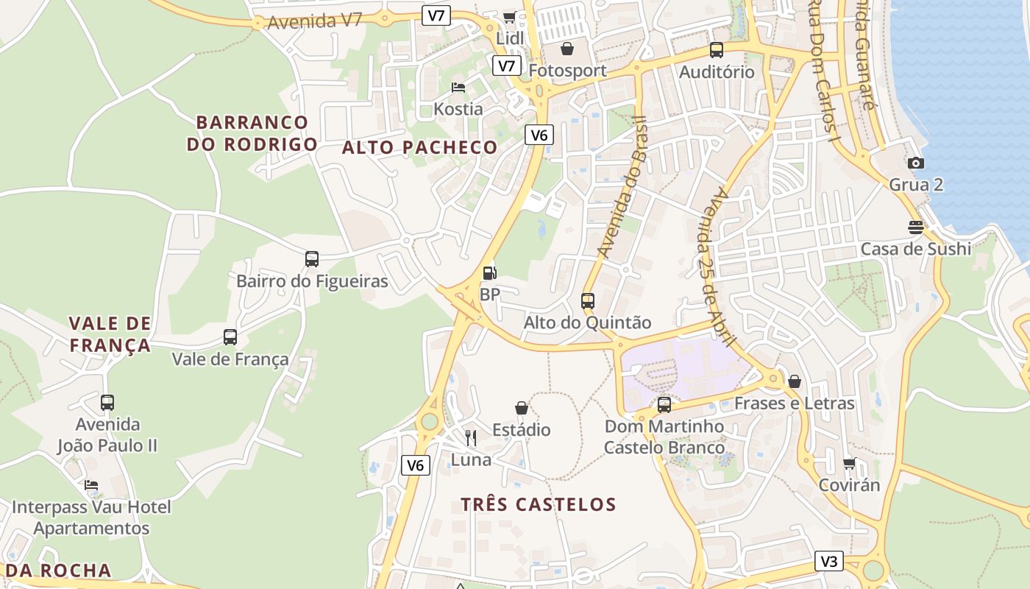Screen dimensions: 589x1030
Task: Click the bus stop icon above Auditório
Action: (x=716, y=50)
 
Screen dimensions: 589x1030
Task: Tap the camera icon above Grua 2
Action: (x=916, y=163)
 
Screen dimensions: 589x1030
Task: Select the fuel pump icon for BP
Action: (x=489, y=273)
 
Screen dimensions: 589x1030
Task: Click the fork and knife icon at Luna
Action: (x=471, y=438)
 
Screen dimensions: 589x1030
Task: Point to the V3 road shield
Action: (x=828, y=561)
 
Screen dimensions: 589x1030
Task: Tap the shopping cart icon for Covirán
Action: (x=850, y=463)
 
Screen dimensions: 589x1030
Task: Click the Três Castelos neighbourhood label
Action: (x=539, y=504)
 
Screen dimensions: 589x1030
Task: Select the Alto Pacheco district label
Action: (x=420, y=147)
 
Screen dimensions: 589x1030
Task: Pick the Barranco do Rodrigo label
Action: (x=252, y=133)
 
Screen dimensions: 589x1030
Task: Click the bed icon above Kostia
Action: (x=458, y=88)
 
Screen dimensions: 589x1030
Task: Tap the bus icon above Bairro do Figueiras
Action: (x=312, y=259)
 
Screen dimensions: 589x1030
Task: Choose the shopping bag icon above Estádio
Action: (x=522, y=408)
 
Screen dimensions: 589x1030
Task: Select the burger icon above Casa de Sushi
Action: (x=916, y=227)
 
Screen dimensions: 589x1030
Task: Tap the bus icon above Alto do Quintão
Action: (x=587, y=300)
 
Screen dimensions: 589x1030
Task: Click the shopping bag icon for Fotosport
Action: (x=567, y=49)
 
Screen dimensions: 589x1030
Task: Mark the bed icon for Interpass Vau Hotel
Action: (x=91, y=485)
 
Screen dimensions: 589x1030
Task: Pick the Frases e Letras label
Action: (x=795, y=403)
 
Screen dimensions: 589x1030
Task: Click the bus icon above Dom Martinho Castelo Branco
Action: (x=664, y=404)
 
